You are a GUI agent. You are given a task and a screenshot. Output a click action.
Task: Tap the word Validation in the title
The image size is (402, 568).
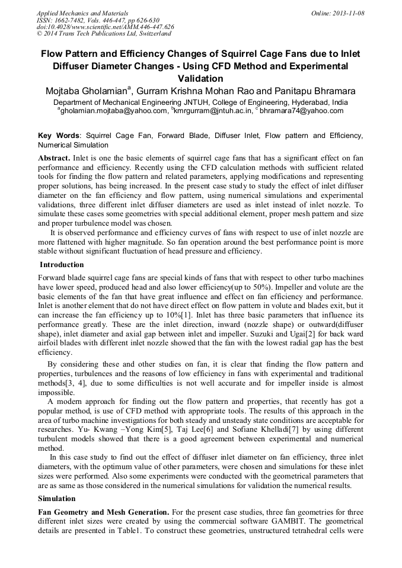(x=200, y=78)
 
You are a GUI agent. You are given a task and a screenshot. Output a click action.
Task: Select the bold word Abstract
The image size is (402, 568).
(x=54, y=159)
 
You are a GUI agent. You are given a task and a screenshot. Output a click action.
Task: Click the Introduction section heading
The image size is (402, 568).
(x=61, y=265)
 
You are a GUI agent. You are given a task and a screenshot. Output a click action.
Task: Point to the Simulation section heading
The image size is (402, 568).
(x=57, y=499)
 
